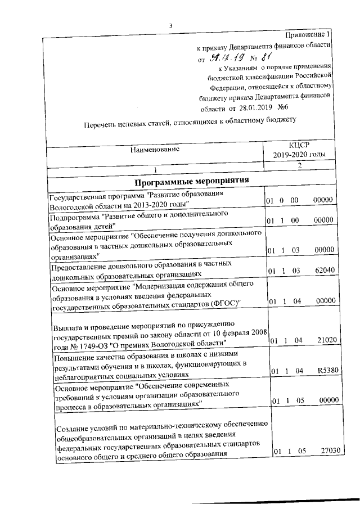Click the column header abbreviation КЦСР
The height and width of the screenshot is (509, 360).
tap(299, 145)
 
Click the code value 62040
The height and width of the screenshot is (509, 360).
tap(325, 271)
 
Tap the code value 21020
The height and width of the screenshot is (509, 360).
tap(325, 340)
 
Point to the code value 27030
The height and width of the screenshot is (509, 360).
tap(326, 451)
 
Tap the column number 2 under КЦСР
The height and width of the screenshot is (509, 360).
tap(299, 166)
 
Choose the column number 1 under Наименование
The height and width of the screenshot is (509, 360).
tap(155, 169)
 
